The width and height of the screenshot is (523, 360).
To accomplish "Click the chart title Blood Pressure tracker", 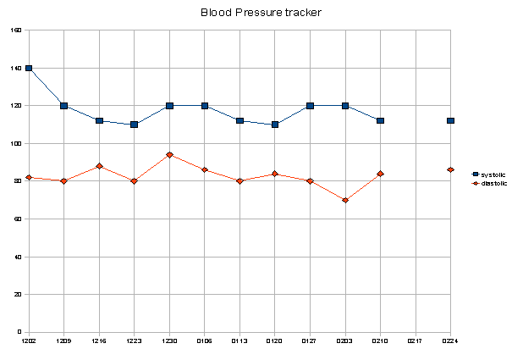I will point(261,13).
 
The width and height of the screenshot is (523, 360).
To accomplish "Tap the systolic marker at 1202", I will point(29,68).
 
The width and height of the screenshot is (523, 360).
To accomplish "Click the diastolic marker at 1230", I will point(169,155).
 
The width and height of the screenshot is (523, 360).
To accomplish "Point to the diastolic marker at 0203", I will point(345,200).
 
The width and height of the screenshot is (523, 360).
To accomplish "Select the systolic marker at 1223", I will point(135,125).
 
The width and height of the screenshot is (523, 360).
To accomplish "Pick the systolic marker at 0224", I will point(450,121).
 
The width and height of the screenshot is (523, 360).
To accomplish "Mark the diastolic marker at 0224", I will point(450,170).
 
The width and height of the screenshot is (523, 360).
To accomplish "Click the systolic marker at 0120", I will point(275,125).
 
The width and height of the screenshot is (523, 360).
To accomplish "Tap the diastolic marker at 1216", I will point(99,166).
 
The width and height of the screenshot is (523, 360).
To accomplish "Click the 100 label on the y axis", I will point(16,144).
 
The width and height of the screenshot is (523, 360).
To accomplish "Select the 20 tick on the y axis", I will point(18,295).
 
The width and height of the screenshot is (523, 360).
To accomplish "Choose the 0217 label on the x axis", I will point(415,341).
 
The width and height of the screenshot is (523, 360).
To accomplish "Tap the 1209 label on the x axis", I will point(63,341).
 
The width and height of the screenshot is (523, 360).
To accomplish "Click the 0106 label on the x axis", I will point(204,341).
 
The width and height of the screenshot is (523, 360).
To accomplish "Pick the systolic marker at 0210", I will point(380,121).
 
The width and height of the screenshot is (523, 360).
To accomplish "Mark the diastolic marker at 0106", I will point(205,170).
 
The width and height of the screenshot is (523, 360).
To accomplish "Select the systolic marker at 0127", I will point(310,106).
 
